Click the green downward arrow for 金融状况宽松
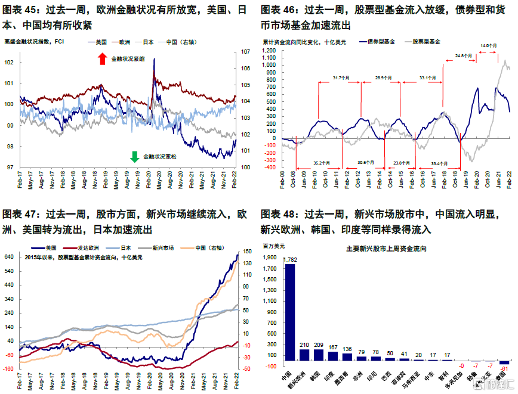pos(134,157)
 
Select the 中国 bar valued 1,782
pos(290,312)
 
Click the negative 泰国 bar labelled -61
pos(504,363)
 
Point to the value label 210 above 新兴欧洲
pos(304,345)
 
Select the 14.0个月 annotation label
pos(489,45)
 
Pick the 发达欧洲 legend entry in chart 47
pos(90,247)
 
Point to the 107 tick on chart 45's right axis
pos(246,52)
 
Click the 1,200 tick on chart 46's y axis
pos(269,51)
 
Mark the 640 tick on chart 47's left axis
pos(10,257)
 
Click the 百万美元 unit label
pos(275,246)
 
